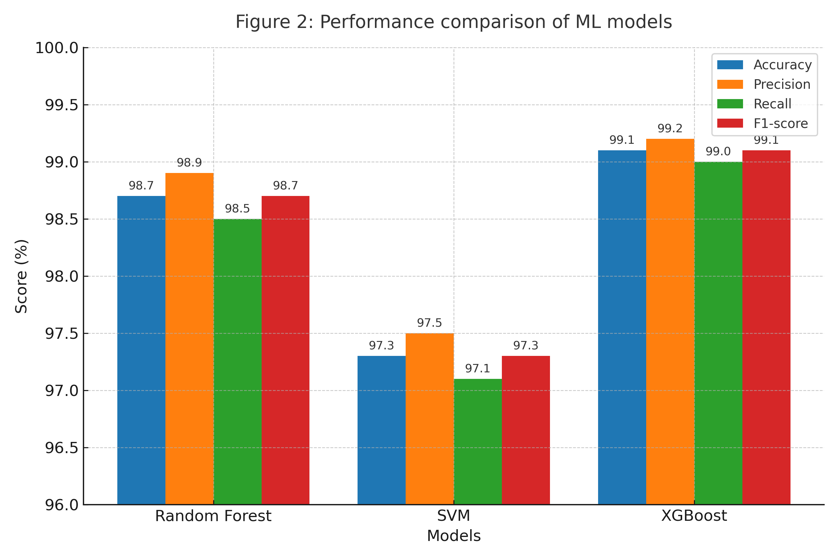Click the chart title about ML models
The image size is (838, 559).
(453, 22)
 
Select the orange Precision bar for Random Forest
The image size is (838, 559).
(189, 339)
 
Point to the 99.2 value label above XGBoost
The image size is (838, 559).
(670, 128)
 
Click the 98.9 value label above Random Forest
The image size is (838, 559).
(189, 162)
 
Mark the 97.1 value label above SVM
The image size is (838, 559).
(478, 368)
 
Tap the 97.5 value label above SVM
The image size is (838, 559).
(429, 323)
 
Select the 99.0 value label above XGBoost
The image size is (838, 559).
(718, 152)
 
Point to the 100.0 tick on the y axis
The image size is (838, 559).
(57, 48)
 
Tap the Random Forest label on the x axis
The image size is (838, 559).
(213, 516)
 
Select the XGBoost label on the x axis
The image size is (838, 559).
(694, 516)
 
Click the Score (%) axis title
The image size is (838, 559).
(21, 276)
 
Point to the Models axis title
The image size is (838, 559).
(453, 536)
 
